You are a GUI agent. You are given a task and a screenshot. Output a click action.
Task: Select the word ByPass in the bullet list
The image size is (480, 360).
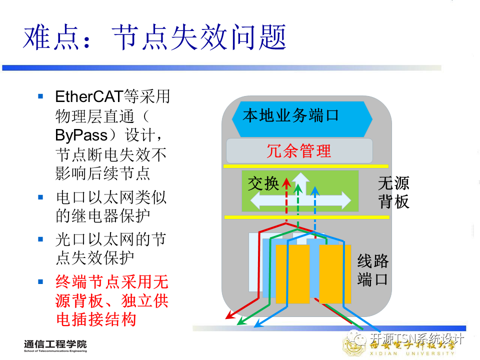pos(81,135)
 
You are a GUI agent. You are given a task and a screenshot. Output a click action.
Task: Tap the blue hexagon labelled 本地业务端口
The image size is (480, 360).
pos(302,116)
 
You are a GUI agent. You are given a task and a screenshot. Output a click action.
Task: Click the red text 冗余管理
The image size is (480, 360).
pos(299,151)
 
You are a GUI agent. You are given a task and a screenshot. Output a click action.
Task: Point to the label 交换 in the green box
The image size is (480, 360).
pos(263,184)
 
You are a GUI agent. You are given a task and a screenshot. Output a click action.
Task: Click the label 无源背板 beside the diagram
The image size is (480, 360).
pos(393,192)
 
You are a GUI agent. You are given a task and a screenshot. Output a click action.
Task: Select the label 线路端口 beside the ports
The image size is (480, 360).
pos(372,270)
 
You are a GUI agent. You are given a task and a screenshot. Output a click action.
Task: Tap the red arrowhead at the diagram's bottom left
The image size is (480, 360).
pos(228,315)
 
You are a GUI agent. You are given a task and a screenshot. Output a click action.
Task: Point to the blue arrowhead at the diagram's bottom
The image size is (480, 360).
pos(258,324)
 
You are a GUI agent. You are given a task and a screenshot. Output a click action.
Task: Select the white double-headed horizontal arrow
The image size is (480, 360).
pos(300,201)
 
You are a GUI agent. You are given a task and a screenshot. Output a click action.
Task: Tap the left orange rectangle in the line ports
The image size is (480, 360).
pos(292,274)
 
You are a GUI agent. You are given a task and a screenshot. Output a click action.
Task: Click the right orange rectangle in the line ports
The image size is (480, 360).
pos(334,274)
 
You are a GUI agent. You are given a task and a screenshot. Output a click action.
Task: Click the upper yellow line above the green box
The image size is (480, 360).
pos(305,166)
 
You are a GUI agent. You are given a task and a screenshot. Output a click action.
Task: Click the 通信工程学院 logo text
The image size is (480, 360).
pos(54,344)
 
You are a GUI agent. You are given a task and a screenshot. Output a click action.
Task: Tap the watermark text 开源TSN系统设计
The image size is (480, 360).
pos(417,339)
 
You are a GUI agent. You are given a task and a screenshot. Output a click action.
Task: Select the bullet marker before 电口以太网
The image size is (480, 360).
pos(41,197)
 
